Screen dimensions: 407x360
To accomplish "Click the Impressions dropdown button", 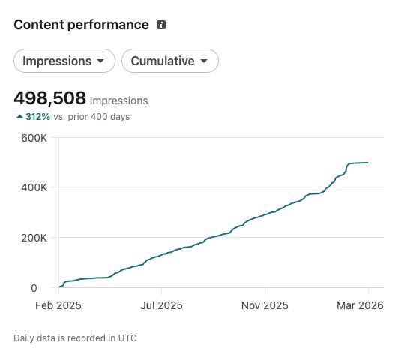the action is tap(64, 61).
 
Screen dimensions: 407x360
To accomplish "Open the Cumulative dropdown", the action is tap(170, 61).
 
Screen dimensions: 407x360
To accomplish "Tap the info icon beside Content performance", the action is tap(161, 25).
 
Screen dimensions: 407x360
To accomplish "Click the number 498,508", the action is tap(49, 98).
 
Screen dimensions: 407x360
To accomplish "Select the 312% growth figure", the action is tap(38, 117).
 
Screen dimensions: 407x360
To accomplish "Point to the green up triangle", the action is tap(19, 117).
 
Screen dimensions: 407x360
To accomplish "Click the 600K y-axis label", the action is tap(34, 138).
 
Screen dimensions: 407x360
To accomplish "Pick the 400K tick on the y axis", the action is tap(34, 187).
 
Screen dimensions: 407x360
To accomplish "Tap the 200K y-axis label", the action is tap(34, 238).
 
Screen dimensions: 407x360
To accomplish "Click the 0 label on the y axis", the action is tap(34, 288).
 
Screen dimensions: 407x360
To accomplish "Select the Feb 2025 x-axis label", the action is tap(58, 305).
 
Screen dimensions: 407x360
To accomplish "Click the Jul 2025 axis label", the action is tap(161, 305).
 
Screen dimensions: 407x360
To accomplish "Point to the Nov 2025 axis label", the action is tap(265, 305).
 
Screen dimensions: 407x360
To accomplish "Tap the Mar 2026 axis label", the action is tap(360, 305).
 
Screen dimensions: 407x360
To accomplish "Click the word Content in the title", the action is tap(39, 25).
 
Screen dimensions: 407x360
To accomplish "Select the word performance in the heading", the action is tap(108, 25).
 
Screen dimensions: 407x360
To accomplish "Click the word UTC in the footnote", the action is tap(127, 338).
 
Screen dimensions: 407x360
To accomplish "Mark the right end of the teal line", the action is tap(368, 163).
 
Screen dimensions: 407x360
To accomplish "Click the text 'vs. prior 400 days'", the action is tap(91, 117).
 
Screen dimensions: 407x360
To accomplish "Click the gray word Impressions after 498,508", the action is tap(119, 100).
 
